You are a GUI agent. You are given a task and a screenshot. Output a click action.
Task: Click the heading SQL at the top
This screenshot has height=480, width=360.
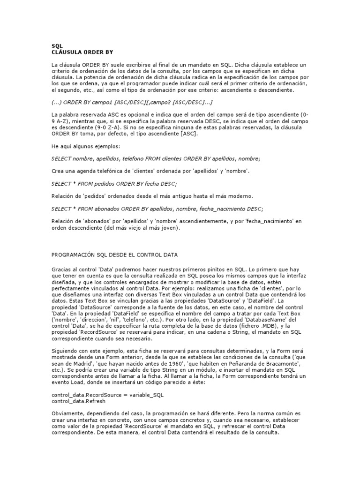pyautogui.click(x=57, y=46)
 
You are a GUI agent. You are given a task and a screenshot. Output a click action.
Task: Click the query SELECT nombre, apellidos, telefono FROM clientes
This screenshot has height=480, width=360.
pyautogui.click(x=156, y=159)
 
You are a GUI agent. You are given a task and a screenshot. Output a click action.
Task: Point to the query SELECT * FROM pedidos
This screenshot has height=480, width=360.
pyautogui.click(x=114, y=183)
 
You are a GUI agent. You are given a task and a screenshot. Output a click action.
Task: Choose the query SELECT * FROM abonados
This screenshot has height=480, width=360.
pyautogui.click(x=157, y=208)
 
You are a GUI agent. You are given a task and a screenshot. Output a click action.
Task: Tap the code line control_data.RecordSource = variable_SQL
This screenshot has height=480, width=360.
pyautogui.click(x=107, y=395)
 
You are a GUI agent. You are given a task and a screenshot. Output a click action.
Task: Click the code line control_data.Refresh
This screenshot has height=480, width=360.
pyautogui.click(x=78, y=401)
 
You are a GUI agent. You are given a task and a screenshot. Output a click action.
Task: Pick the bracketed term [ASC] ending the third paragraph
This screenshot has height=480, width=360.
pyautogui.click(x=189, y=134)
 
